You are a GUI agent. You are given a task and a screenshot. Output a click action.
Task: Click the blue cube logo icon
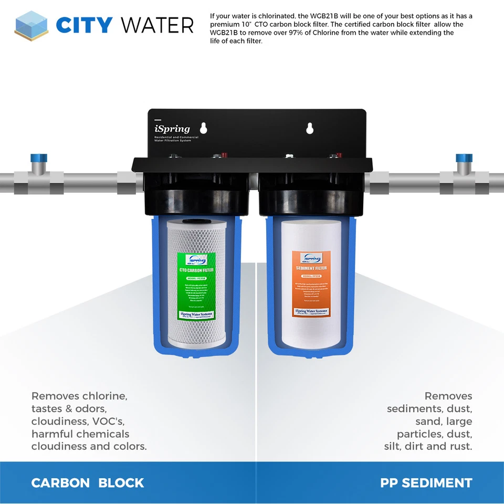click(31, 25)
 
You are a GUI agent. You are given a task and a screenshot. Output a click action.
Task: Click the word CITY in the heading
click(85, 25)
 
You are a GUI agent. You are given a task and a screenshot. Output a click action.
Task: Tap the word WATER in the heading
click(157, 25)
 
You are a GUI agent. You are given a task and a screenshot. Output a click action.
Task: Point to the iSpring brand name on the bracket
click(172, 129)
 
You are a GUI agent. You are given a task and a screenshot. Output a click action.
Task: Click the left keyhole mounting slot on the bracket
click(205, 128)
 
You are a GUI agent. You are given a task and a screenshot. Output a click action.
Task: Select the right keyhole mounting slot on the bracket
click(310, 128)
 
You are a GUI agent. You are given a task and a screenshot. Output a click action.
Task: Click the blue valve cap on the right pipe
click(464, 158)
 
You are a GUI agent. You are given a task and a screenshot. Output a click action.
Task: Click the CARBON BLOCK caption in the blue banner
click(88, 483)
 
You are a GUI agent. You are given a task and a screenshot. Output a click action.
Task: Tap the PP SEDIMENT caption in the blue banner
click(426, 483)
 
